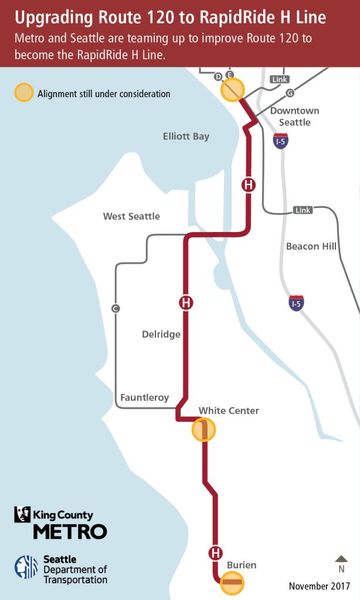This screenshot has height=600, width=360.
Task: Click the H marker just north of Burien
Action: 216,553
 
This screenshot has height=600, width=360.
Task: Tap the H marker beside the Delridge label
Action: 186,303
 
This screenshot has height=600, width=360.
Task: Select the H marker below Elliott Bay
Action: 249,185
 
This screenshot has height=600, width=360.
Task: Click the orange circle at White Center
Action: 204,429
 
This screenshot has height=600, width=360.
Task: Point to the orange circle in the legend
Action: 24,93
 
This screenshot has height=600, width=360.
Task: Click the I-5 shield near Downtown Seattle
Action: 281,141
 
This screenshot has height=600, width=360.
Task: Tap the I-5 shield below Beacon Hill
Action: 296,303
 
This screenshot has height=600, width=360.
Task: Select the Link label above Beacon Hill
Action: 303,210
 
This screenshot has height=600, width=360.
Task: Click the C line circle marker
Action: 116,308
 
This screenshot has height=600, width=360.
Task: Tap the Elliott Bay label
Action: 186,137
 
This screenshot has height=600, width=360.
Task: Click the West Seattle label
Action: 131,216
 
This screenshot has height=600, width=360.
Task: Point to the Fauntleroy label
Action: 144,397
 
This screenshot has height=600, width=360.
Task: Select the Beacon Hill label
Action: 311,246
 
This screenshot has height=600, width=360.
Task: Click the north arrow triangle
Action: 341,558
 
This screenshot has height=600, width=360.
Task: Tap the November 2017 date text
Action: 320,586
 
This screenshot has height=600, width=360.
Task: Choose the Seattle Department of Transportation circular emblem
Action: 26,567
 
